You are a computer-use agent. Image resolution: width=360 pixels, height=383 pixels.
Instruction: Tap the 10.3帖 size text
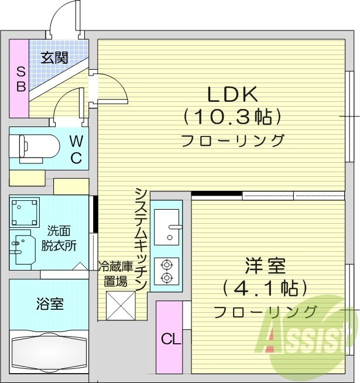233,117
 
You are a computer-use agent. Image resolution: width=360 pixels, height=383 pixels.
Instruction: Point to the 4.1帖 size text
265,288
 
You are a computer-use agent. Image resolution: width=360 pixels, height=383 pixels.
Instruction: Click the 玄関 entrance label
54,57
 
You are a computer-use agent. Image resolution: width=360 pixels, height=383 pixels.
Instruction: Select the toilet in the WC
36,149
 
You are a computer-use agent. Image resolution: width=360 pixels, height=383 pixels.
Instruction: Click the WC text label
76,149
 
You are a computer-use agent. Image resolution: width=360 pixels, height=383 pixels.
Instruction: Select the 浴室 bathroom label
50,304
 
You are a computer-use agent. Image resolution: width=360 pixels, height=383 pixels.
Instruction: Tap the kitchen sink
168,225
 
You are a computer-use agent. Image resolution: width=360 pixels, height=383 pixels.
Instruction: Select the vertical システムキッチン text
140,238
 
